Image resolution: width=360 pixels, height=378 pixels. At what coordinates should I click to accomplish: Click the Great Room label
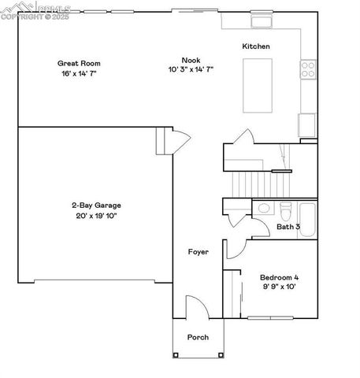[x=79, y=63]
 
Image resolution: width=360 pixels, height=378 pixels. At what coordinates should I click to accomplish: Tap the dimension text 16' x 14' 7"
[x=79, y=73]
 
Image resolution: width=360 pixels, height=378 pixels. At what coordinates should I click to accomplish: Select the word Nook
[x=190, y=60]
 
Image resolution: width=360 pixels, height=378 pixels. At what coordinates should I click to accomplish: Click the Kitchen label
[x=256, y=46]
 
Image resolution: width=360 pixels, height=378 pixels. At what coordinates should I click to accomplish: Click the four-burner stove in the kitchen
[x=308, y=69]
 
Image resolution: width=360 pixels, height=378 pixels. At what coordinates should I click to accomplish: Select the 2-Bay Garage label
[x=96, y=205]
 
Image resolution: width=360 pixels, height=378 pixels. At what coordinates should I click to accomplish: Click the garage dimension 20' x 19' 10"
[x=96, y=215]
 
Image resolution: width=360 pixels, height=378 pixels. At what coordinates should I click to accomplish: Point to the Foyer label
[x=197, y=252]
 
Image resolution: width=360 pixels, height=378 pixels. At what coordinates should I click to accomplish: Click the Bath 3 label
[x=288, y=227]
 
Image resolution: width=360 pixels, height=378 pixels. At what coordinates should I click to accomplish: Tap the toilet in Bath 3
[x=286, y=210]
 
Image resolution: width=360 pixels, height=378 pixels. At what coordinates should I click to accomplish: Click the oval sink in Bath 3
[x=263, y=209]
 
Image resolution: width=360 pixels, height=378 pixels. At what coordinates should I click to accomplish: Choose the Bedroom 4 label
[x=280, y=277]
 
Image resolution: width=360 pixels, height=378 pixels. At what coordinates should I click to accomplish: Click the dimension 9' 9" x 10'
[x=280, y=287]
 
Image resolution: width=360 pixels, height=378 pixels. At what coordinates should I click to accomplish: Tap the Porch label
[x=198, y=337]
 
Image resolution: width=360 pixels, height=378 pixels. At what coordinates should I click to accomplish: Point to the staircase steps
[x=260, y=186]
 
